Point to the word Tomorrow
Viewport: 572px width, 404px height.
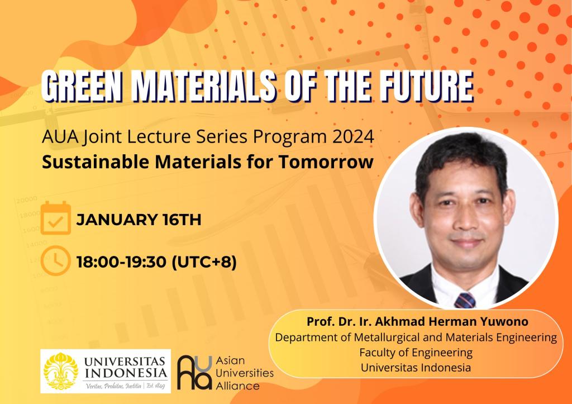tap(326, 162)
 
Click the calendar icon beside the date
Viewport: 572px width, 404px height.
tap(55, 218)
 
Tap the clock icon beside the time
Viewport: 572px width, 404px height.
tap(55, 260)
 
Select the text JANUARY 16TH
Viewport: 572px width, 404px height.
tap(139, 220)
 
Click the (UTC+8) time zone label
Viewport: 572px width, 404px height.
tap(204, 262)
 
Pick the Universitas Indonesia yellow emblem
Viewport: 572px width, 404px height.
tap(61, 371)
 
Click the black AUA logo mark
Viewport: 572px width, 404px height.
tap(194, 372)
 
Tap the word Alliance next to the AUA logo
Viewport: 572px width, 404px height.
tap(238, 386)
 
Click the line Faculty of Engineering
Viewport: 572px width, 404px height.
tap(416, 353)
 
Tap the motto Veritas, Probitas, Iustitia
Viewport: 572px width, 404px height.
tap(113, 386)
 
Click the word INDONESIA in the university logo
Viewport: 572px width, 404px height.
tap(126, 373)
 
